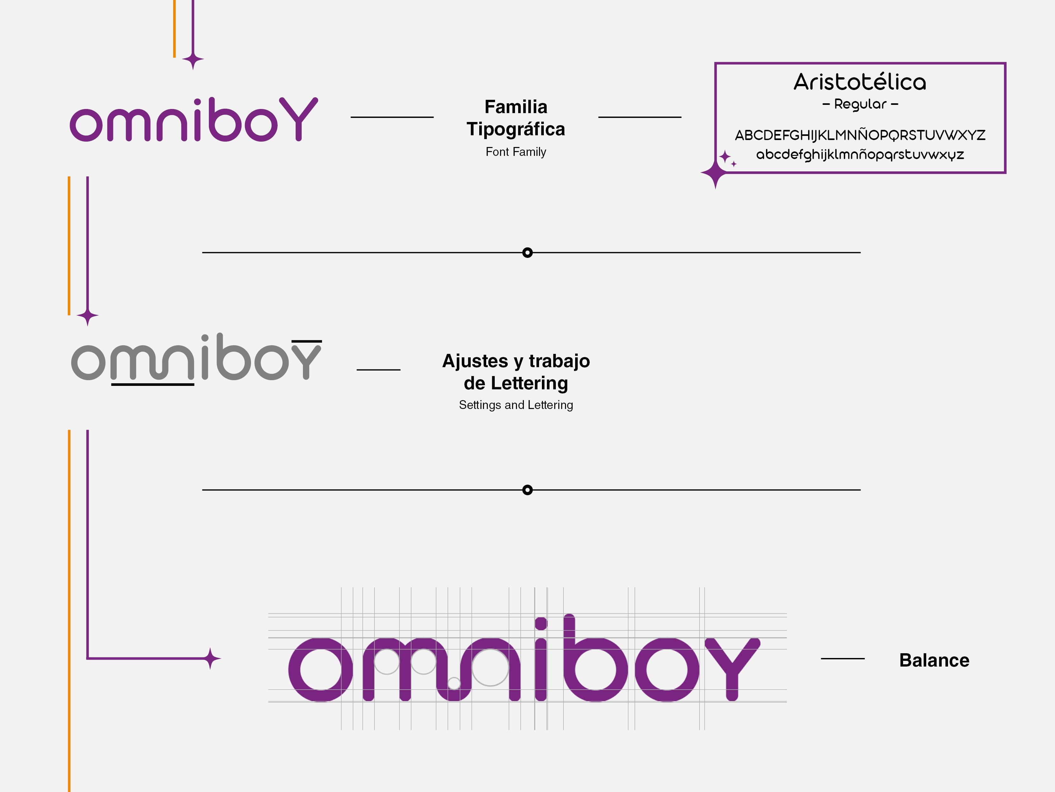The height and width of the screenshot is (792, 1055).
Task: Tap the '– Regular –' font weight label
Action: (860, 104)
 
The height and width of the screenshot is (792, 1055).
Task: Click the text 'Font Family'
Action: (516, 152)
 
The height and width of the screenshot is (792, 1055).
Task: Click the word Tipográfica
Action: (516, 129)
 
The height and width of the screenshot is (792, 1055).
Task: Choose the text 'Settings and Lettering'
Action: (516, 405)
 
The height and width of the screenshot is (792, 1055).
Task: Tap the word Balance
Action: (934, 660)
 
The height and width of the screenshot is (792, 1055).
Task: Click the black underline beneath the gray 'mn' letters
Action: (153, 384)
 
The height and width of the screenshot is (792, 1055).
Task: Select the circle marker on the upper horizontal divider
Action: (527, 252)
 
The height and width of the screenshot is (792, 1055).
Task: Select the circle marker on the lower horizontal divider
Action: (527, 490)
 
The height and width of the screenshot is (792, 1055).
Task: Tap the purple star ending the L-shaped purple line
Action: (210, 659)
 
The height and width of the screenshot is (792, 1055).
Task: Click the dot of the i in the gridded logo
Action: (541, 623)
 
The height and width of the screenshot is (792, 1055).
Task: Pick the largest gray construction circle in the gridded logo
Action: (490, 667)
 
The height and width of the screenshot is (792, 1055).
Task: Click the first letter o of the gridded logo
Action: (321, 669)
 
